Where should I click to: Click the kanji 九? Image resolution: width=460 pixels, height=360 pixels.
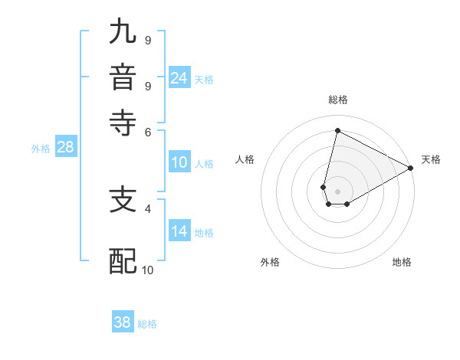tap(123, 33)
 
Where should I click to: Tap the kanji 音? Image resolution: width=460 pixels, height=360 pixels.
tap(123, 79)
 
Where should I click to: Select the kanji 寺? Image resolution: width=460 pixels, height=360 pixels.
tap(123, 123)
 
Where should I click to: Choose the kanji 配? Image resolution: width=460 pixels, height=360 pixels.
tap(123, 261)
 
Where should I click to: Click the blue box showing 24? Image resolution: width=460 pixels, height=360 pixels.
tap(179, 78)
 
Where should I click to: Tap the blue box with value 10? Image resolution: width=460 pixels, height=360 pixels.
tap(179, 162)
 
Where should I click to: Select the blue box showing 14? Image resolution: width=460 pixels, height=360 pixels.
tap(179, 231)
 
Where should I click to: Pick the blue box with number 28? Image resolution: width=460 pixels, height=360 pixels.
tap(66, 147)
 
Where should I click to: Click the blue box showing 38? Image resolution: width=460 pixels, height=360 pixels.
tap(123, 322)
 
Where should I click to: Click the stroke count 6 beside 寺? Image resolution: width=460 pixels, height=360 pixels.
tap(148, 132)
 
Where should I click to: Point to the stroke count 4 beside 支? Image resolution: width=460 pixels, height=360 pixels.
tap(148, 208)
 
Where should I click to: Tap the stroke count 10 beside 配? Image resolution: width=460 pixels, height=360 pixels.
tap(148, 270)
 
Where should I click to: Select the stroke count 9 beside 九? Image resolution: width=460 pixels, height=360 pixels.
tap(148, 40)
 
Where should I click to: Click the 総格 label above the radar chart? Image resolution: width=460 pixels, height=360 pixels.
tap(338, 100)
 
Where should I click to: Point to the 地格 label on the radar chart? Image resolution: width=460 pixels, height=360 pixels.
tap(402, 262)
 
